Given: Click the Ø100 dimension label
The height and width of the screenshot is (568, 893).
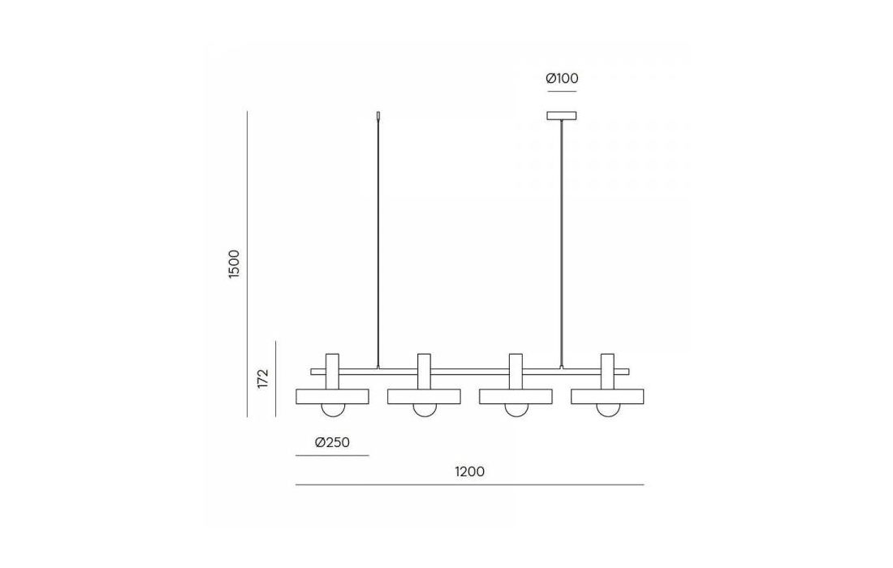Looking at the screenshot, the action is [562, 79].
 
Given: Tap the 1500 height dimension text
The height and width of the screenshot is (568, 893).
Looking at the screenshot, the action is [234, 264].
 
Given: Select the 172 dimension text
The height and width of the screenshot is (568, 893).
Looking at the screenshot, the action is [262, 378].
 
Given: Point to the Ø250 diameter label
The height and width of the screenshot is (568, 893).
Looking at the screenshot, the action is [332, 442].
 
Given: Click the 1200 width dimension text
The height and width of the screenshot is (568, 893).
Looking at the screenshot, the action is [470, 471].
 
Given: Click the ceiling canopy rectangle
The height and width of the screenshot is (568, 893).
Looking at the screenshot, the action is [562, 115].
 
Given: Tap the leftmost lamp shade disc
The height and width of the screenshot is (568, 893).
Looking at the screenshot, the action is [332, 397].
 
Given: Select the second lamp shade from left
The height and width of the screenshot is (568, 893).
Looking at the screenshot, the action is [424, 397].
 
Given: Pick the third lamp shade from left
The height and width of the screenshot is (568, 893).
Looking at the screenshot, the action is [516, 397].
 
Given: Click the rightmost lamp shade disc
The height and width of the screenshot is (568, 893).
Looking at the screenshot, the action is [607, 397].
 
